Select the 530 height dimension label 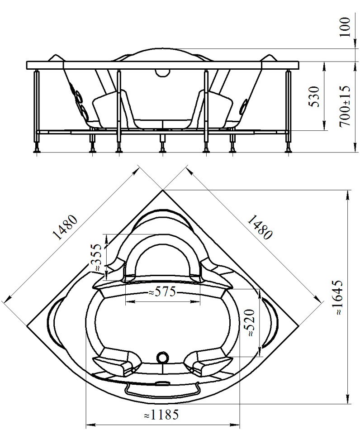314,96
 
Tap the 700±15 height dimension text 345,106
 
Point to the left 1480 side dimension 65,227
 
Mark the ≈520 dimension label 250,323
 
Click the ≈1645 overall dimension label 339,297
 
